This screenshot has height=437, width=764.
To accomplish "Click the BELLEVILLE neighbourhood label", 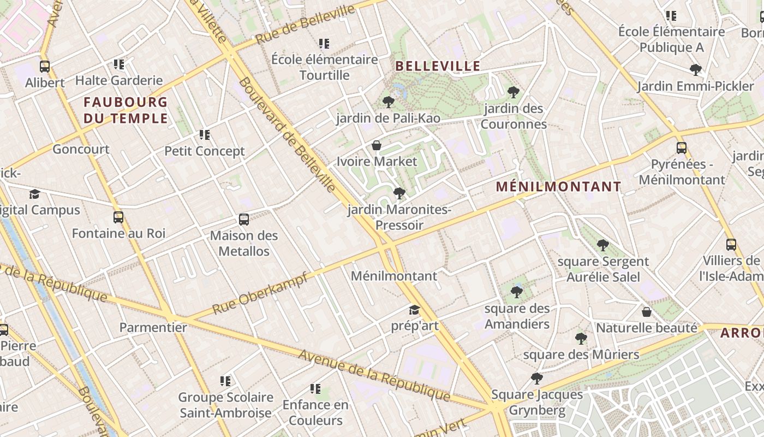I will point(438,67).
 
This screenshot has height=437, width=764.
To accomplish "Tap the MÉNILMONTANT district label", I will point(558,187).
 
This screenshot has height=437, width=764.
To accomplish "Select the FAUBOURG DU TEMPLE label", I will point(126,110).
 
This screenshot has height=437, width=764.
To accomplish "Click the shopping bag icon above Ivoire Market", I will point(377,145).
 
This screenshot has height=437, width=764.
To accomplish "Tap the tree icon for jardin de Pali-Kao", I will point(389,102).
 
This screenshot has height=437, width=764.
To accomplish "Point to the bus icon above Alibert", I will point(45,67).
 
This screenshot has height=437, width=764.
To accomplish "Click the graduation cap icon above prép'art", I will point(415,310).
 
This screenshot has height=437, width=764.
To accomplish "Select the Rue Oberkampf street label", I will point(260,293).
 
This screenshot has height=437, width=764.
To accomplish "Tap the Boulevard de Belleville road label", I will point(288,135).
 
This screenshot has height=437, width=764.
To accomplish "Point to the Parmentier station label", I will point(153,328).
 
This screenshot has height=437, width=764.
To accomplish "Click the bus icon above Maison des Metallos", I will point(244,220).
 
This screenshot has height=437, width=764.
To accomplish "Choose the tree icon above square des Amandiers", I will point(517,292).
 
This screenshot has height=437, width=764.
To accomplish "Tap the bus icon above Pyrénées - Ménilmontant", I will point(682,147).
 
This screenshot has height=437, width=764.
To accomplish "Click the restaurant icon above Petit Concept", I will point(205,135).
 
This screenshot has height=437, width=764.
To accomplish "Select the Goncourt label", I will point(81,149).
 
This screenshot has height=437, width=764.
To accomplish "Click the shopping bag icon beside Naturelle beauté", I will point(647,312).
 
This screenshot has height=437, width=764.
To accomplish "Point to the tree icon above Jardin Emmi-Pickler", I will point(696,70).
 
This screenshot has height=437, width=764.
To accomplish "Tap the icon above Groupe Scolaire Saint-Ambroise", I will point(225,381).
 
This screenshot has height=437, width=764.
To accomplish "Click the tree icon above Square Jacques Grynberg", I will point(537,378).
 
